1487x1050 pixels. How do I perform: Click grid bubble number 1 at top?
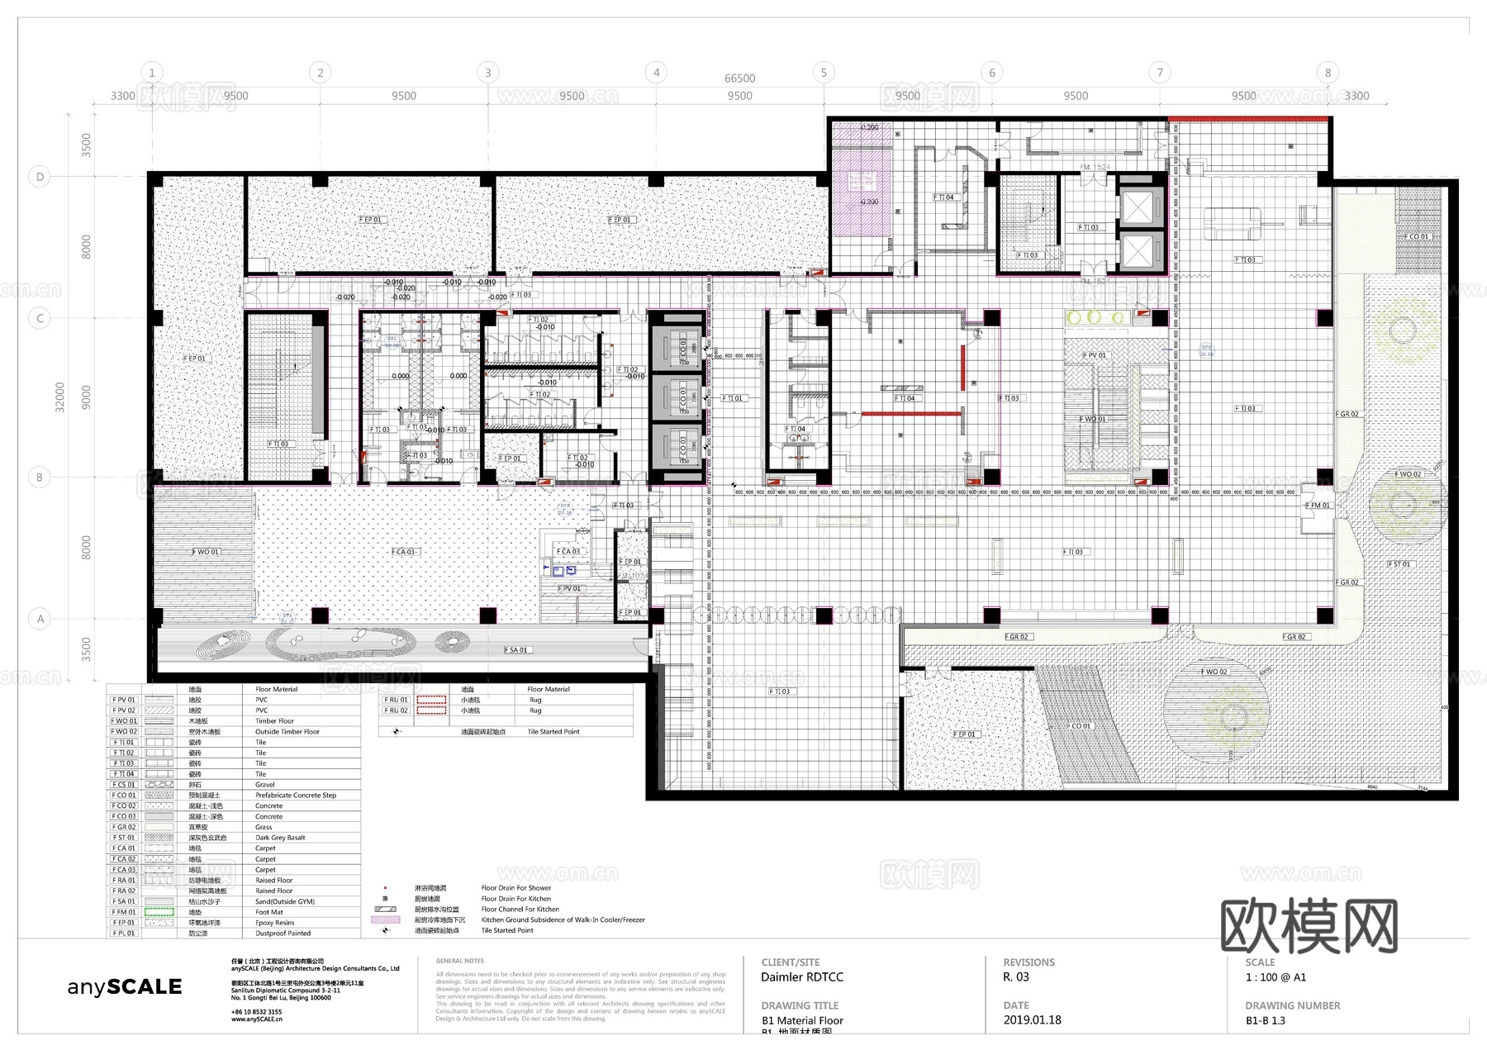pos(151,73)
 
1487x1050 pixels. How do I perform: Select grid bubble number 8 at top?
pos(1328,73)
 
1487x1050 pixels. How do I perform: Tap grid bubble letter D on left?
pos(40,177)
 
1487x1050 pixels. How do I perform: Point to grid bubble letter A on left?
pos(40,619)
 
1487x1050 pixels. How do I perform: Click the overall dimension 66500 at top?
pos(739,78)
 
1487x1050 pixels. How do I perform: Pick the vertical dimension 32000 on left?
pos(59,397)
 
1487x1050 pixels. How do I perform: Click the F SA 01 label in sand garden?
pos(515,650)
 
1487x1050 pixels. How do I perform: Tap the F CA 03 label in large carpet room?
pos(404,551)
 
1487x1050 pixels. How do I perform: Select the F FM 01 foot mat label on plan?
pos(1317,505)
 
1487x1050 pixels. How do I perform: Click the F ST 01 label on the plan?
pos(1399,564)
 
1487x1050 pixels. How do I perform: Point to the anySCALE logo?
pos(124,986)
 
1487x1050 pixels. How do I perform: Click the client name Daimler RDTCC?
pos(801,977)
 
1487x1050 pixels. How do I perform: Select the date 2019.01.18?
pos(1032,1020)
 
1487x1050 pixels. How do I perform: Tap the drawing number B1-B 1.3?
pos(1265,1021)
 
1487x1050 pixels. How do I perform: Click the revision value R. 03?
pos(1016,977)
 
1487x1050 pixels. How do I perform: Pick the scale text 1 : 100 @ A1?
pos(1276,977)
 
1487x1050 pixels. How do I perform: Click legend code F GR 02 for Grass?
pos(124,827)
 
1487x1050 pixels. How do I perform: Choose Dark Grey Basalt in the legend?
pos(280,838)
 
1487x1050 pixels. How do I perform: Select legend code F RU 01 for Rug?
pos(396,700)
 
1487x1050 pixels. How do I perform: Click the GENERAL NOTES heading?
pos(459,961)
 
